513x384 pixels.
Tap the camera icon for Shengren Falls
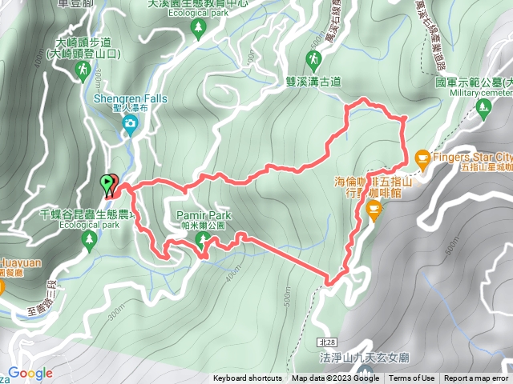pyautogui.click(x=130, y=123)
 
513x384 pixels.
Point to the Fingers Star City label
pyautogui.click(x=473, y=156)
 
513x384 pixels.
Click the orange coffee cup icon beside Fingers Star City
pyautogui.click(x=422, y=158)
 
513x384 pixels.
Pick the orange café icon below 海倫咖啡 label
pyautogui.click(x=373, y=209)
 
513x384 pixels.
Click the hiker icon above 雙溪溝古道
pyautogui.click(x=313, y=58)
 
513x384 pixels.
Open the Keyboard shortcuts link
pyautogui.click(x=247, y=378)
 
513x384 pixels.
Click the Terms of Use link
pyautogui.click(x=412, y=378)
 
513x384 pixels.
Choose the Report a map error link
pyautogui.click(x=476, y=378)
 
